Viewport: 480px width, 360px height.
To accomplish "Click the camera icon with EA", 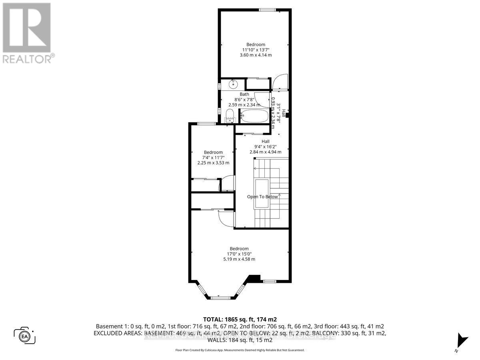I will [24, 335].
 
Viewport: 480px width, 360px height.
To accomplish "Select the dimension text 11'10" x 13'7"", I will [256, 50].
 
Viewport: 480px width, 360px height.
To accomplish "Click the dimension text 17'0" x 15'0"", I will [239, 254].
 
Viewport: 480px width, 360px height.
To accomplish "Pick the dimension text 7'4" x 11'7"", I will [213, 158].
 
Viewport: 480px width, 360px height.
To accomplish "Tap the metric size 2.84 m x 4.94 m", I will [266, 152].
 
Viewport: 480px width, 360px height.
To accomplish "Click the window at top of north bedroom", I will [266, 10].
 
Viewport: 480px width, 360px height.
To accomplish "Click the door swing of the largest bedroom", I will [225, 218].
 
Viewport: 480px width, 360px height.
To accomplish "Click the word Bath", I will [244, 94].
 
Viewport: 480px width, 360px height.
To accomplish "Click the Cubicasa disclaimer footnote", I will [240, 350].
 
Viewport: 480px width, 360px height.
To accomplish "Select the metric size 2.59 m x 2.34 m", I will [244, 105].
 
